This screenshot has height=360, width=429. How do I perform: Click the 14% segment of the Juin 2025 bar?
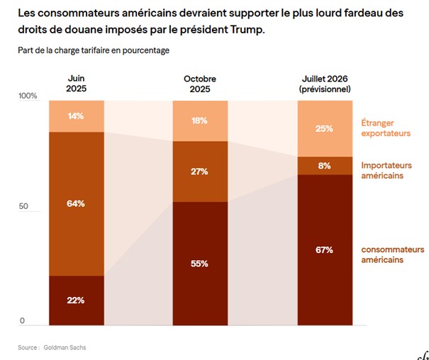click(77, 116)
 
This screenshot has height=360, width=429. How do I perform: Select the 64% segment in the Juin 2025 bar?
click(77, 203)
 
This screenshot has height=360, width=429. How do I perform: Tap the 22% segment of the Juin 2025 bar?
click(77, 300)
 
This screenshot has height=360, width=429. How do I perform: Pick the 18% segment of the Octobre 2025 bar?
click(200, 120)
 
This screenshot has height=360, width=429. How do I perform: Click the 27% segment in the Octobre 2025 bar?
click(200, 171)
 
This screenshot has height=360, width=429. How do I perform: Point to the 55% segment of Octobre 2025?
click(200, 263)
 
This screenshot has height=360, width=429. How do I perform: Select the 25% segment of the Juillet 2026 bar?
click(325, 128)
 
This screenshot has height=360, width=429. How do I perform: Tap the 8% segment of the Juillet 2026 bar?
click(325, 166)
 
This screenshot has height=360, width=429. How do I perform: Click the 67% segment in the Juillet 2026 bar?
click(325, 249)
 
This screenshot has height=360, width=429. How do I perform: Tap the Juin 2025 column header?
click(77, 84)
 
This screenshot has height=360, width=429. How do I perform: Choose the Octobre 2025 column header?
click(200, 84)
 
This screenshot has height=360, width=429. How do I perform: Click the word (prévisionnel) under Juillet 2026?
click(325, 89)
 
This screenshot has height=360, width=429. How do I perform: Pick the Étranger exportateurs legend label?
click(386, 127)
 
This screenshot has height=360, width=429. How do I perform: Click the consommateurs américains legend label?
click(392, 254)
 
